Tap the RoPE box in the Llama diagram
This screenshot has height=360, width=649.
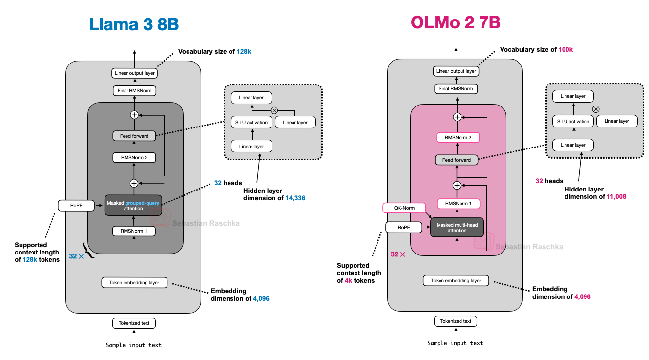tap(76, 206)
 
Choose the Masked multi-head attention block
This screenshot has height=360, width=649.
tap(457, 228)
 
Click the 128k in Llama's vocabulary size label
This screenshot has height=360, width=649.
tap(244, 51)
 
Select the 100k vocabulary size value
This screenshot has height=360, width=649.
tap(565, 49)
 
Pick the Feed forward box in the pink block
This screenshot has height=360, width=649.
tap(457, 160)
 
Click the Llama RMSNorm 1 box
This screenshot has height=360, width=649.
tap(134, 231)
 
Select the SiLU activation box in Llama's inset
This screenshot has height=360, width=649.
tap(251, 122)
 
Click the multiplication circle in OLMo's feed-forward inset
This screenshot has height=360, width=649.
tap(596, 109)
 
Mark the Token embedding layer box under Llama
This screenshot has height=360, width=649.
tap(134, 282)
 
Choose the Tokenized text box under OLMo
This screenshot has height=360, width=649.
tap(455, 321)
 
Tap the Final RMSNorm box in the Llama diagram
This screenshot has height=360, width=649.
tap(134, 90)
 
